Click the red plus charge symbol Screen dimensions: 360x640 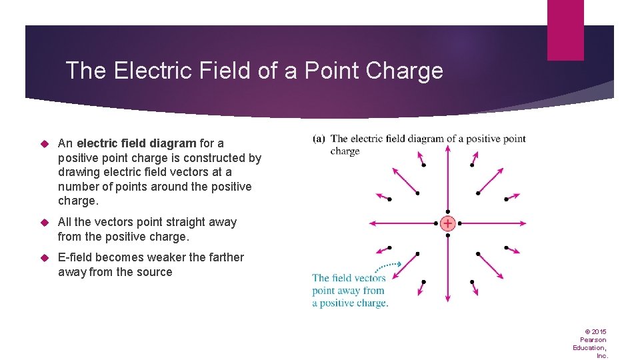448,223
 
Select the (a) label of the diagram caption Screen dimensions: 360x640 319,139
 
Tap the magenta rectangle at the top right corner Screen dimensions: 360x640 565,30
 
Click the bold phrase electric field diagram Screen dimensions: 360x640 137,143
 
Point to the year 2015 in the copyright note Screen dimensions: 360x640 599,331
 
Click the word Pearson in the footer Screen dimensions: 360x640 593,339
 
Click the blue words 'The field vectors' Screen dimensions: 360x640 349,278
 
